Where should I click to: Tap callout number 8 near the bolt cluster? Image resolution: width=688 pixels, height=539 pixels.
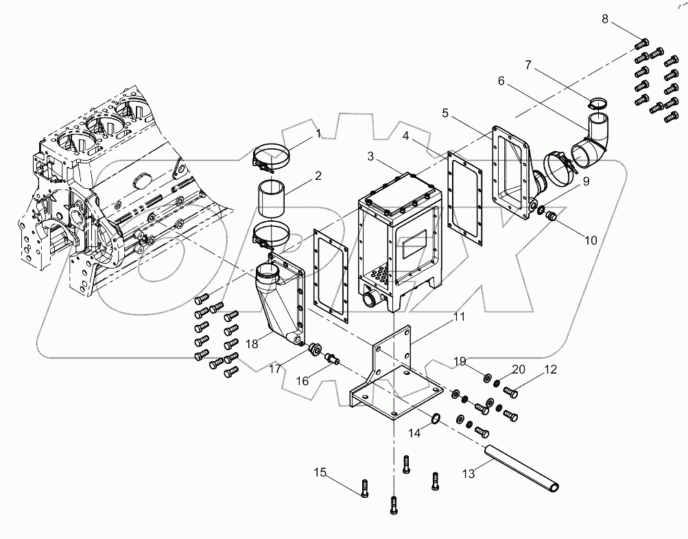tap(605, 19)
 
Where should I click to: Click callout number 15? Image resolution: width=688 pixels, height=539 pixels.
tap(321, 472)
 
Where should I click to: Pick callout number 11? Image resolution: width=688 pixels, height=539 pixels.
tap(459, 317)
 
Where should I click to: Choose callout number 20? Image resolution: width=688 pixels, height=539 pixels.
tap(519, 369)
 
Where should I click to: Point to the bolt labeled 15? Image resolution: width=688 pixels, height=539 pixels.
tap(364, 489)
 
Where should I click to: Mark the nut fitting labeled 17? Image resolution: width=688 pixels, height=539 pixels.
tap(316, 348)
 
